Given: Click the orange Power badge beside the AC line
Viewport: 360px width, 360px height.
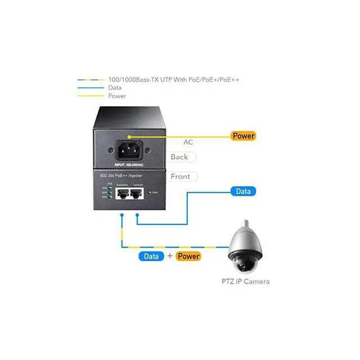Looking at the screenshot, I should pyautogui.click(x=243, y=136).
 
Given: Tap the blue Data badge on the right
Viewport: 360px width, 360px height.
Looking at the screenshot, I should pyautogui.click(x=243, y=191).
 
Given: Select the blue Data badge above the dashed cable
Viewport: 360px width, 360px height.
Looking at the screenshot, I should pyautogui.click(x=151, y=256).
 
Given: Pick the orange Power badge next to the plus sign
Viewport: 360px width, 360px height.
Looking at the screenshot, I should pyautogui.click(x=188, y=256).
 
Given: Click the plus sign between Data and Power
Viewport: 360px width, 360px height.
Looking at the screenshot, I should pyautogui.click(x=169, y=256).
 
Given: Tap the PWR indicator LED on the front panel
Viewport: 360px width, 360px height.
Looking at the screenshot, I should pyautogui.click(x=149, y=192).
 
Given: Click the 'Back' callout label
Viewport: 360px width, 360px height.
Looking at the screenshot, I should pyautogui.click(x=179, y=157).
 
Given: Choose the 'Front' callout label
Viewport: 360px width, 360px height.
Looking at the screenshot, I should pyautogui.click(x=180, y=176).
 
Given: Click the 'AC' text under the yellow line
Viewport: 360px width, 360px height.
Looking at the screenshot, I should pyautogui.click(x=188, y=142).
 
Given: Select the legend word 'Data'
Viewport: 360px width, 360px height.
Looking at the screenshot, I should pyautogui.click(x=114, y=88).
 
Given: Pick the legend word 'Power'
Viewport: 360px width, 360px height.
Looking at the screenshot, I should pyautogui.click(x=117, y=96).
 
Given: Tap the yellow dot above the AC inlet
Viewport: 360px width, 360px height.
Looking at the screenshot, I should pyautogui.click(x=129, y=136).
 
